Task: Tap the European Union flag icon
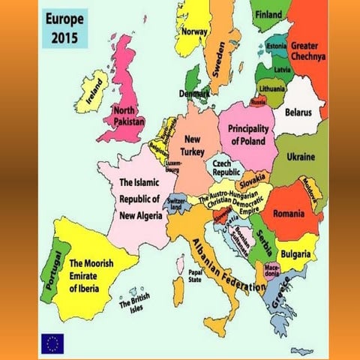tap(52, 343)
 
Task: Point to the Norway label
tap(195, 31)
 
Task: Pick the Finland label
tap(269, 14)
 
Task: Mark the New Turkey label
tap(193, 145)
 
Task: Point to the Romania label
tap(289, 214)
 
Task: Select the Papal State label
tap(195, 276)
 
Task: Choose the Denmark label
tap(194, 94)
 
